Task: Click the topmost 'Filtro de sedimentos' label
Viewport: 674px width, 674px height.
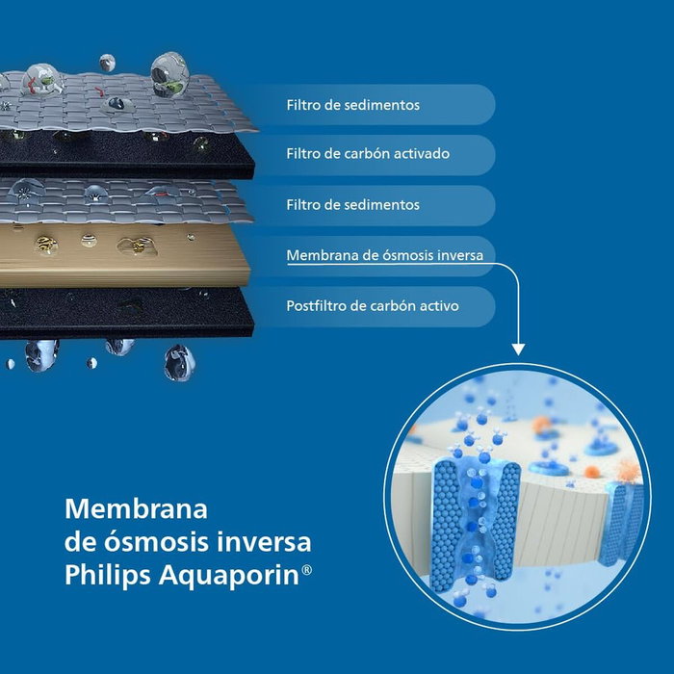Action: (x=352, y=105)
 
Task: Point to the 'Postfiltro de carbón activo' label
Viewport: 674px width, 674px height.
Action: (x=372, y=306)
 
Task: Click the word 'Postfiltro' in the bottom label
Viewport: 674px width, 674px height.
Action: (x=314, y=306)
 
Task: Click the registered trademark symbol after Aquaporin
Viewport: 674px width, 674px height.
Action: (x=307, y=570)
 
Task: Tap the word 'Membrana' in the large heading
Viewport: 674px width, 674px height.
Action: (x=136, y=507)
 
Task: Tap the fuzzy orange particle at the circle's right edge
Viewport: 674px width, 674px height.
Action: (x=628, y=472)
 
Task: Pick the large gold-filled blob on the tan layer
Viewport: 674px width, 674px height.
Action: (x=134, y=246)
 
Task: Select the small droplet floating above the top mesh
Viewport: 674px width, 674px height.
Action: (x=107, y=62)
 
